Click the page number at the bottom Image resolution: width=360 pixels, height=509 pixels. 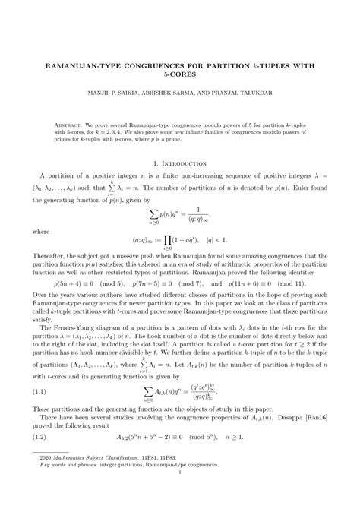(180, 491)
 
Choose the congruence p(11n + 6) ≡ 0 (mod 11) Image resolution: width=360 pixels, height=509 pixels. (258, 282)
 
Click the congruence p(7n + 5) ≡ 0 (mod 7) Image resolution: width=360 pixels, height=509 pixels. (169, 282)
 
